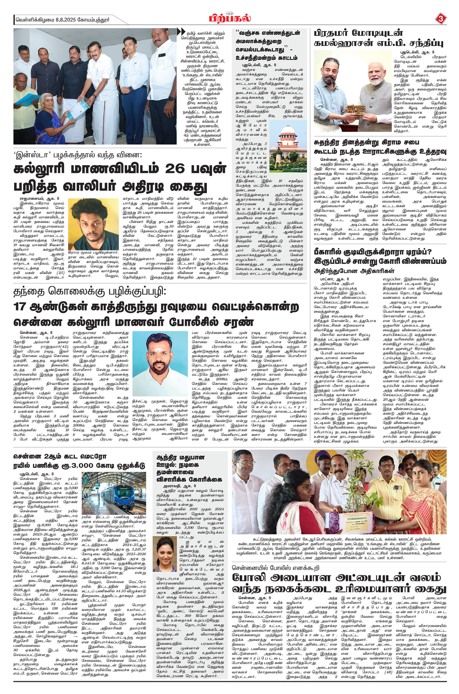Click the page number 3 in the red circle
point(441,19)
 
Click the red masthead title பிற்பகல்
point(230,18)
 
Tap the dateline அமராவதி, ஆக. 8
point(180,486)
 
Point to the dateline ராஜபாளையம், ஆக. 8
point(40,199)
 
